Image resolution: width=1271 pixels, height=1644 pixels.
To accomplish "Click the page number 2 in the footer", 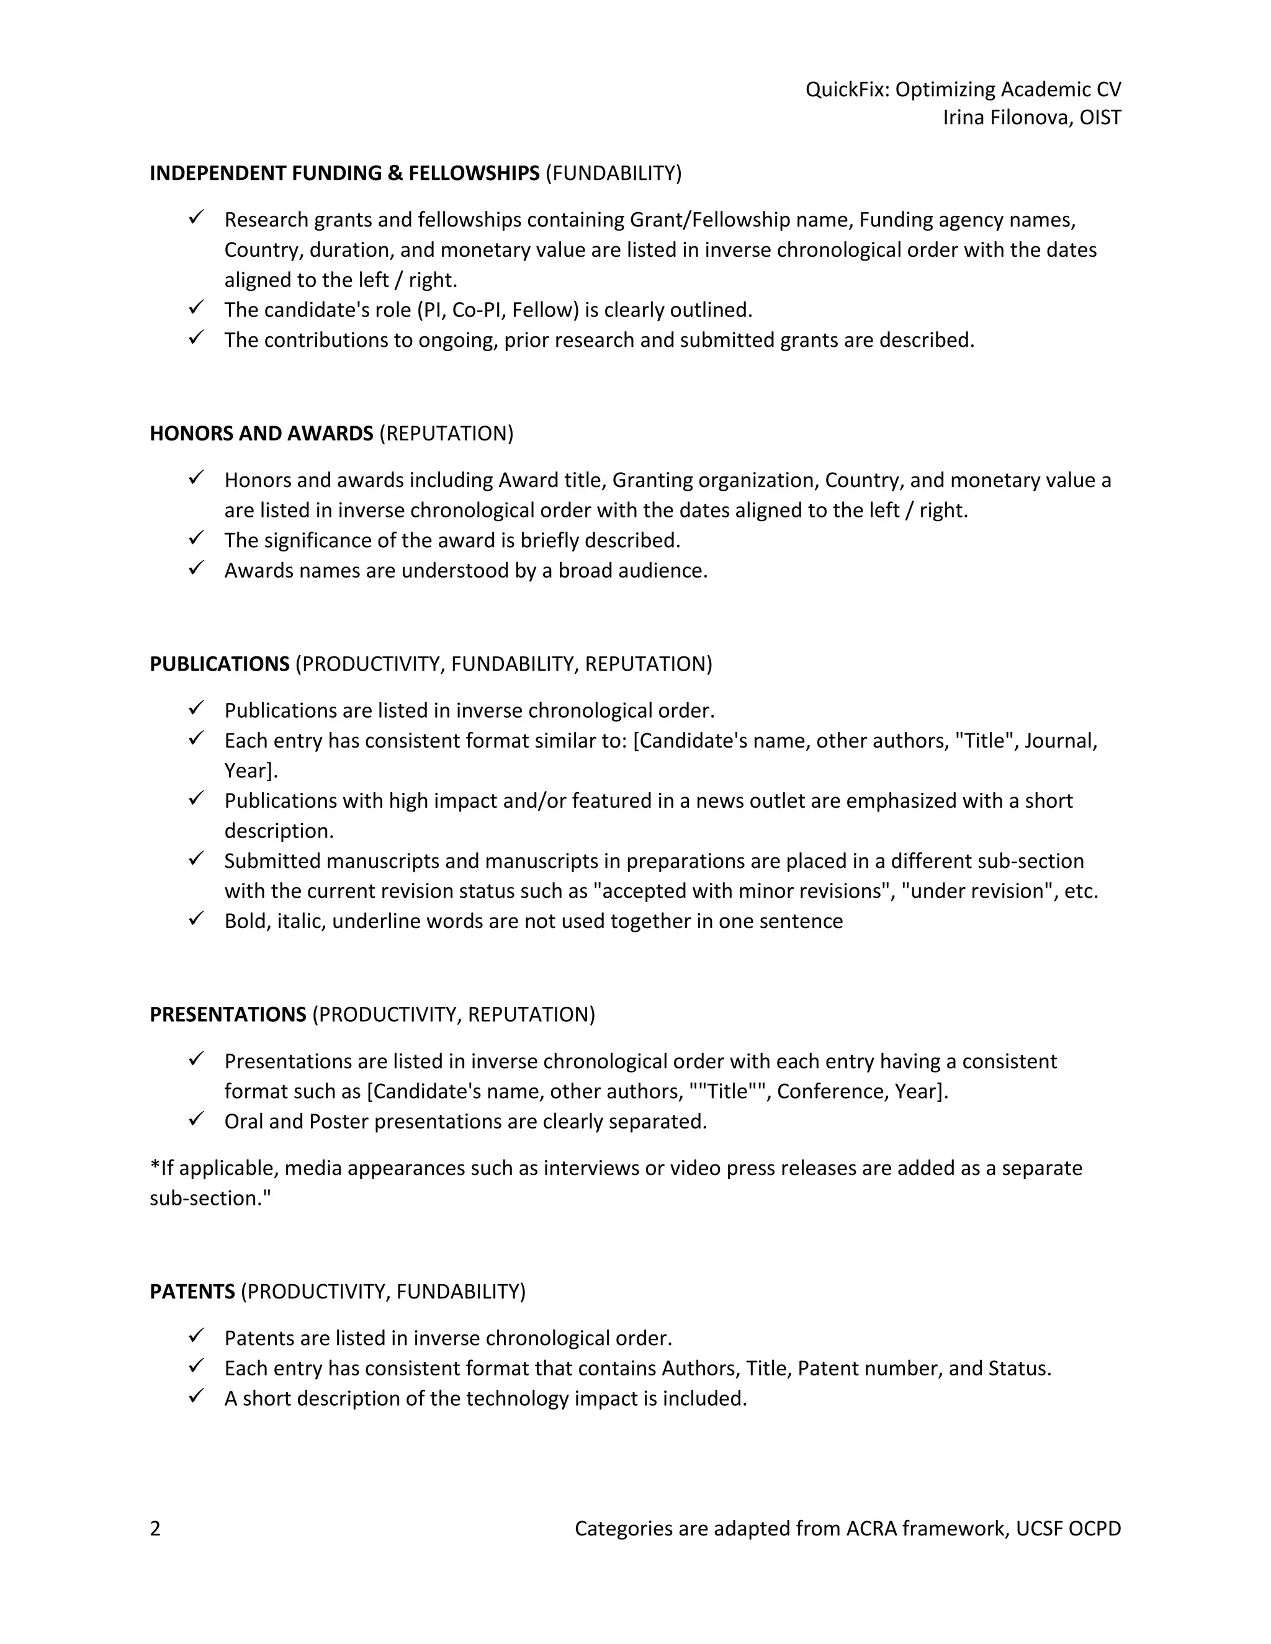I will click(x=155, y=1529).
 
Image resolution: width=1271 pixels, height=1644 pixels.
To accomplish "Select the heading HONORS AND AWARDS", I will click(x=261, y=434).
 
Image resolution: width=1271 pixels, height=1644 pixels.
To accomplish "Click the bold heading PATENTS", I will click(x=192, y=1292).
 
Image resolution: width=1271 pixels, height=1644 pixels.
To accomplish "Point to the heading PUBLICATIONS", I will click(x=219, y=664).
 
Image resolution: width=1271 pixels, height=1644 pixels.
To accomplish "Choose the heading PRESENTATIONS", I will click(x=227, y=1015).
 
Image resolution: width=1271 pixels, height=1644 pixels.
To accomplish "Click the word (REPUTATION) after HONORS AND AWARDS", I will click(x=446, y=434).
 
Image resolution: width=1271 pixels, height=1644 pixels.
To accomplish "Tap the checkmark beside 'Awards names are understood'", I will click(x=197, y=568).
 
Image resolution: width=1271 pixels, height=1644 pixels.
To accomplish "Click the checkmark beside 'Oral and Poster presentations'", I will click(x=197, y=1119).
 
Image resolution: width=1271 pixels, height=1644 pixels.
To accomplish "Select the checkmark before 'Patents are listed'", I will click(x=197, y=1336).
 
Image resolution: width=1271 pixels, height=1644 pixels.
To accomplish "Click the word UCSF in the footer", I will click(x=1038, y=1529).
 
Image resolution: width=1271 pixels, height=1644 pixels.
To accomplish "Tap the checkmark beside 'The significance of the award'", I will click(x=197, y=538).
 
